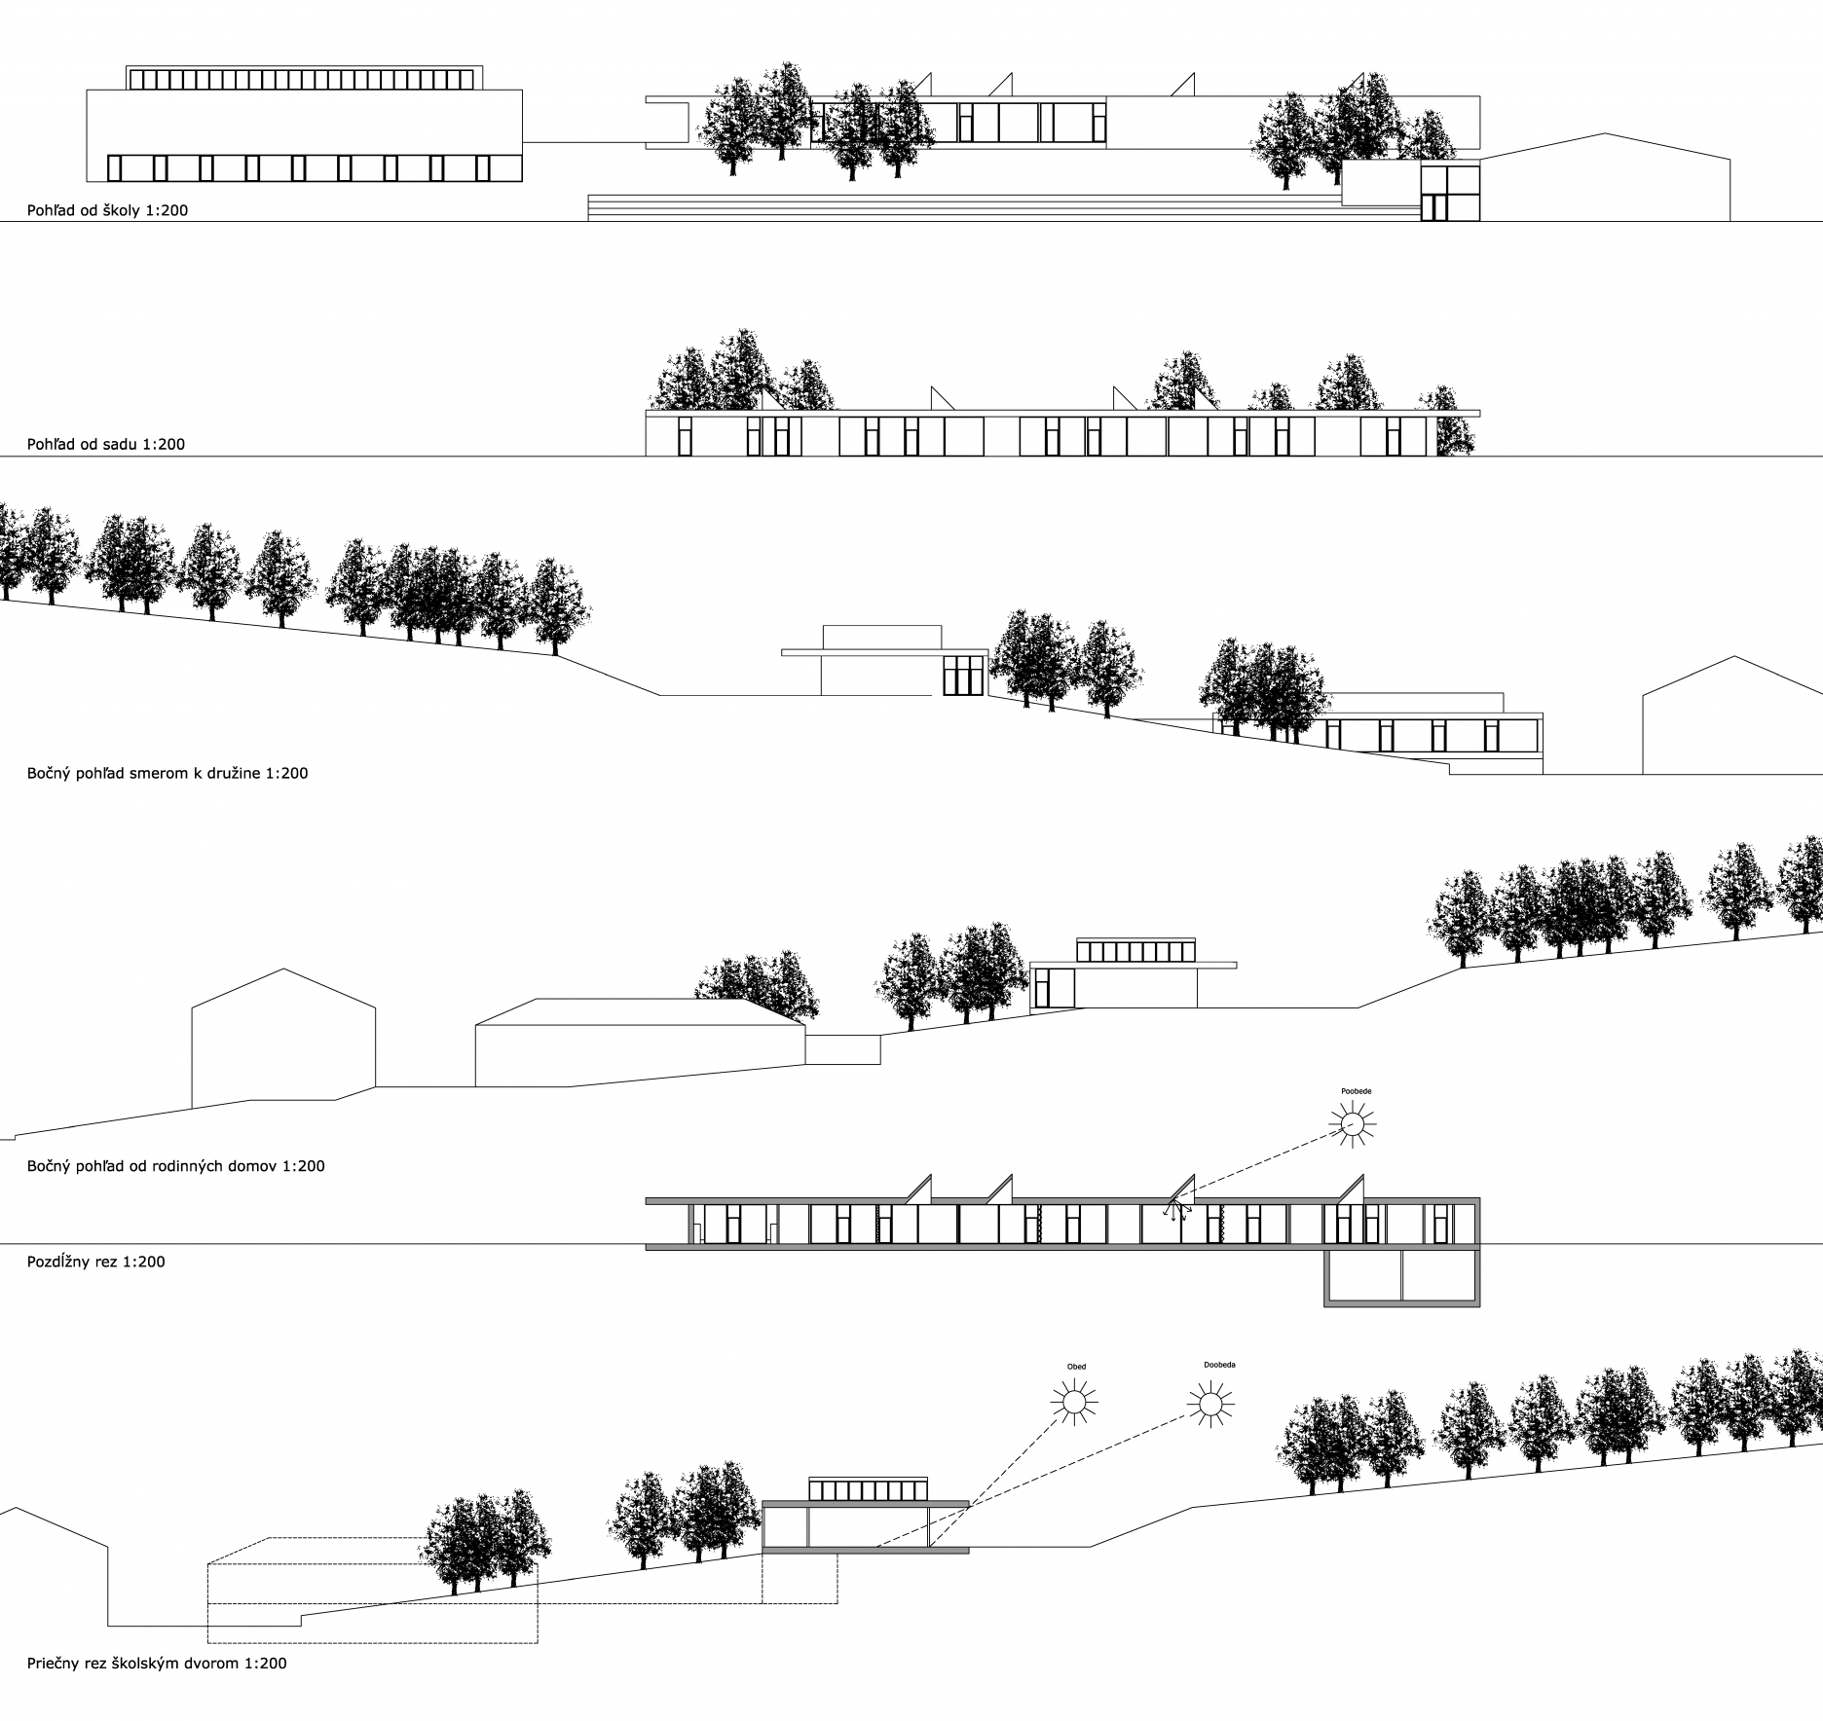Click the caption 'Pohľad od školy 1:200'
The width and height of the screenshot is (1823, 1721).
pyautogui.click(x=107, y=209)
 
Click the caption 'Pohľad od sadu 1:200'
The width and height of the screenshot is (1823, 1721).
pyautogui.click(x=106, y=444)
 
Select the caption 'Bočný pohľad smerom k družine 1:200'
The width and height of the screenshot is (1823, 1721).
pyautogui.click(x=167, y=774)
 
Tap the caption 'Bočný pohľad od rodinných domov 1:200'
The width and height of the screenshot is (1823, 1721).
pyautogui.click(x=176, y=1165)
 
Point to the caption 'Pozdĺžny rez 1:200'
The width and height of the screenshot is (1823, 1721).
pyautogui.click(x=96, y=1262)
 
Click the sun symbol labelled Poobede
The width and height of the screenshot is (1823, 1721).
pyautogui.click(x=1352, y=1124)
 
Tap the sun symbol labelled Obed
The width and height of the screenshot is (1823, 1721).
pyautogui.click(x=1074, y=1402)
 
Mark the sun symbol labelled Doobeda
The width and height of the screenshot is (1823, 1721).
pyautogui.click(x=1210, y=1404)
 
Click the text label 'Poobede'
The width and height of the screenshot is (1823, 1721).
pyautogui.click(x=1356, y=1091)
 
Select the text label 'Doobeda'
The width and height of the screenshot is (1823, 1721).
pyautogui.click(x=1219, y=1365)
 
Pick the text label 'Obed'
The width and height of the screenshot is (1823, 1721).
pyautogui.click(x=1076, y=1367)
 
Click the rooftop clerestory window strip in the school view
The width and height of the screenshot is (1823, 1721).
pyautogui.click(x=304, y=80)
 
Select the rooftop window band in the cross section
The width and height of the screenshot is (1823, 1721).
pyautogui.click(x=868, y=1489)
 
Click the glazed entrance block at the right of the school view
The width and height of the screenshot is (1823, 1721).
pyautogui.click(x=1449, y=193)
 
